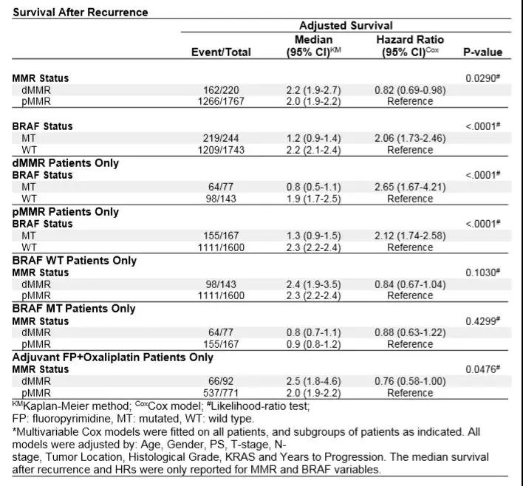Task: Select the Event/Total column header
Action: [221, 52]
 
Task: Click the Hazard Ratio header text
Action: [410, 39]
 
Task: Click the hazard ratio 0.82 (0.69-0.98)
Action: [410, 89]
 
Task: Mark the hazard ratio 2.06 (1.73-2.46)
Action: [410, 138]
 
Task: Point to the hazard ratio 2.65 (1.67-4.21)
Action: [410, 187]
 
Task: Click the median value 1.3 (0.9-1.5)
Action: [314, 236]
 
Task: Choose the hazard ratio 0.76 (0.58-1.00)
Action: [410, 381]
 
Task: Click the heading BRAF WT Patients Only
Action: [74, 261]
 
